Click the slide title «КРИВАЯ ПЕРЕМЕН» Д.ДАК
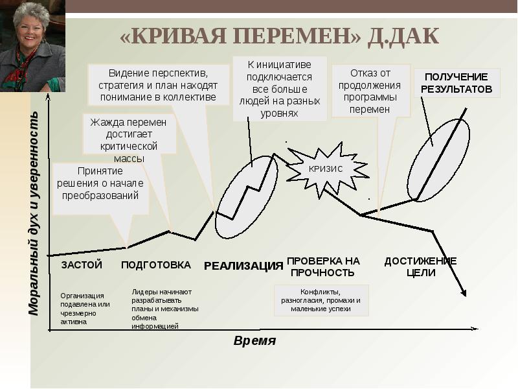(279, 36)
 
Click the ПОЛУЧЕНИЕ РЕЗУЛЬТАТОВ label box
(458, 83)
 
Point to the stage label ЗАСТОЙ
(82, 265)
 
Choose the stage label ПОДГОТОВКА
(156, 265)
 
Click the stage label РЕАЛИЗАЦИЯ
(243, 266)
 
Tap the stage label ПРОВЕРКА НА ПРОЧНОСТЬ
(323, 266)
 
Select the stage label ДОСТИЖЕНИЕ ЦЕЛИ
(420, 266)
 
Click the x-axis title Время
(254, 341)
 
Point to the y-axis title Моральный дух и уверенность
(34, 213)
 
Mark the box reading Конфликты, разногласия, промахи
(321, 300)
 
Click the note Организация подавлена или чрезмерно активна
(85, 308)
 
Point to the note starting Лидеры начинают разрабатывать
(164, 309)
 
